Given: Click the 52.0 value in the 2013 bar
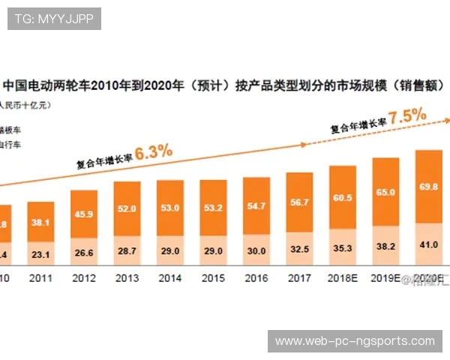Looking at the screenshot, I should (x=127, y=209).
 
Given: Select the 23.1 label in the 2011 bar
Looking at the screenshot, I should (x=40, y=254).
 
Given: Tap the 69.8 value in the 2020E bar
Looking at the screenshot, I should (x=428, y=186).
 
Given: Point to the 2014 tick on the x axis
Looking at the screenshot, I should (x=170, y=277).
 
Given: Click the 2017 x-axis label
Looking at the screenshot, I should (x=300, y=277).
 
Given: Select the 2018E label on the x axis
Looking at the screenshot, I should (x=343, y=277).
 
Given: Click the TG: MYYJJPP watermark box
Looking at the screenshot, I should (x=54, y=19).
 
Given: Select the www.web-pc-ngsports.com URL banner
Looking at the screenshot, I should (x=355, y=341).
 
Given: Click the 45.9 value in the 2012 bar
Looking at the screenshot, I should (x=83, y=214).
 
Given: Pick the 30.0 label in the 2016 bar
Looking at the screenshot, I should (x=256, y=251).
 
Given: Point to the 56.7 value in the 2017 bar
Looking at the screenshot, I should (x=300, y=202).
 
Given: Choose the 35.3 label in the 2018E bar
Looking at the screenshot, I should (x=343, y=245).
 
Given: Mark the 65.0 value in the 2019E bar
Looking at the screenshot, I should (x=385, y=192).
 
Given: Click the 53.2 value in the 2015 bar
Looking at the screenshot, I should (x=213, y=208).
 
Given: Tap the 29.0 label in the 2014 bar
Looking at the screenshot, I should (x=170, y=252).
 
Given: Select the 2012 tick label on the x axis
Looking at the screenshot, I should (x=83, y=277).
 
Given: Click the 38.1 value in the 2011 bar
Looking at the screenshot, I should (x=40, y=222).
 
